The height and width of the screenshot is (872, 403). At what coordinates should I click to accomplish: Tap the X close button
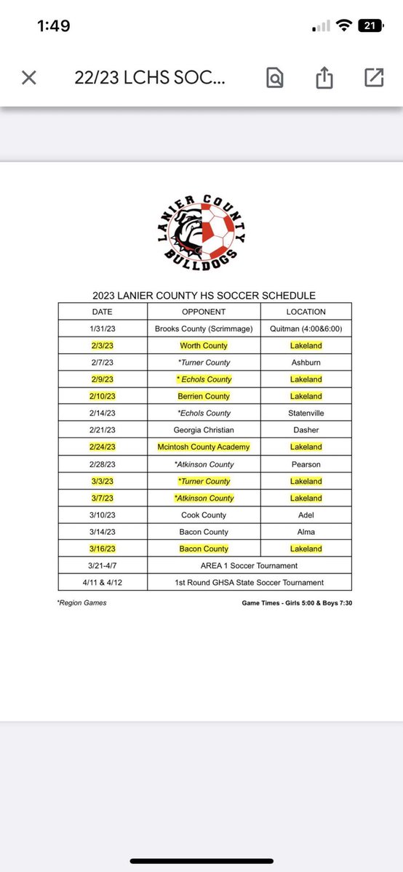pos(29,78)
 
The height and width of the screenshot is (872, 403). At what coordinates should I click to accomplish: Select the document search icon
pos(276,78)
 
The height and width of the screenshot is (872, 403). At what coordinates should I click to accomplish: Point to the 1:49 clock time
pos(54,26)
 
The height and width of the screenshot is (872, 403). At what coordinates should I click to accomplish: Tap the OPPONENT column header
pos(204,312)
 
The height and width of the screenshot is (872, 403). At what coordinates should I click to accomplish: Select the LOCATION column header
pos(306,312)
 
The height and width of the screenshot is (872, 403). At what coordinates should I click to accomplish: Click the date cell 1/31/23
pos(103,328)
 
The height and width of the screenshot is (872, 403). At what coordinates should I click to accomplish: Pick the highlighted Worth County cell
pos(204,346)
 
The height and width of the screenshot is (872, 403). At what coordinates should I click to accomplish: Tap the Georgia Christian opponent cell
pos(204,430)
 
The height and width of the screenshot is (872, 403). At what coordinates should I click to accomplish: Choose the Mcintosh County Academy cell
pos(204,447)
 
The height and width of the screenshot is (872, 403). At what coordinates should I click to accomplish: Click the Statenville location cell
pos(306,413)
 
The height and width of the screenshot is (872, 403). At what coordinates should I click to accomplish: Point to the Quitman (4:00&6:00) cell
pos(306,328)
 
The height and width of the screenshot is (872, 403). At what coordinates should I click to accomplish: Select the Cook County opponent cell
pos(204,515)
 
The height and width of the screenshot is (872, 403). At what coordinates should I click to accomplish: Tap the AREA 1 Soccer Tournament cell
pos(250,565)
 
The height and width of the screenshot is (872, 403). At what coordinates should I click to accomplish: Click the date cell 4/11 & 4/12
pos(103,583)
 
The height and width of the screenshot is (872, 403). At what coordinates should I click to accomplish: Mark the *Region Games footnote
pos(81,602)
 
